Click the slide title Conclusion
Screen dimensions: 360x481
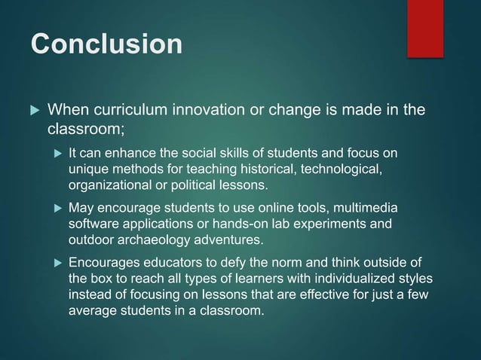(x=106, y=43)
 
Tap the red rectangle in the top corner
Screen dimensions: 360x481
(x=425, y=28)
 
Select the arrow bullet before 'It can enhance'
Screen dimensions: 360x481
(x=57, y=154)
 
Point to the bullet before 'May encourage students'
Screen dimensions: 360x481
(x=57, y=208)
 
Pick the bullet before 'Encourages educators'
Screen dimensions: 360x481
(x=57, y=263)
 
